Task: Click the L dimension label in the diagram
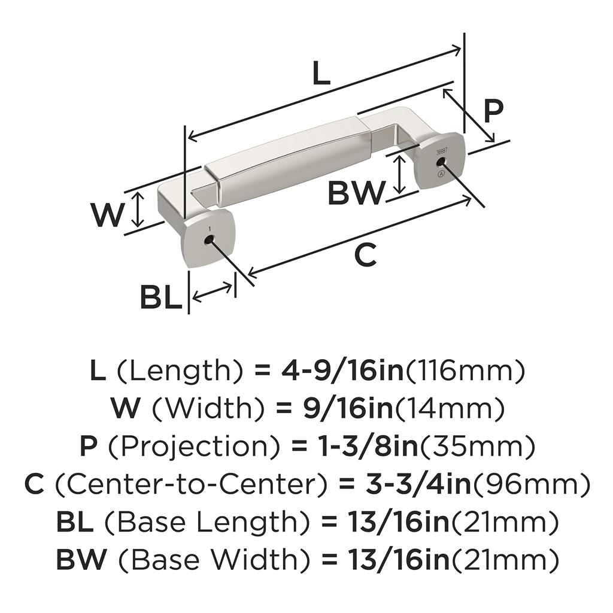click(x=321, y=74)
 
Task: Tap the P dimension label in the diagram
click(x=493, y=111)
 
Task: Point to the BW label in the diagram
click(x=355, y=193)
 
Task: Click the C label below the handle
click(x=365, y=256)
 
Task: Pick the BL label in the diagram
click(x=160, y=298)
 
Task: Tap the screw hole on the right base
click(x=441, y=162)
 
